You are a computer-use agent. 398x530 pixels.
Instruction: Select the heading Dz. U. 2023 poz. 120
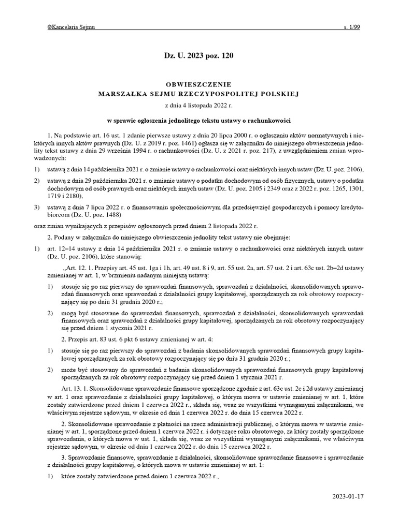198,55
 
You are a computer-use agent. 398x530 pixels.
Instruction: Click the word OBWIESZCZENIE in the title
198,84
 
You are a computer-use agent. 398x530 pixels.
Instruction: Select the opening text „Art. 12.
77,269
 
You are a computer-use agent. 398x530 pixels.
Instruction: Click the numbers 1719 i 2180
66,195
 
